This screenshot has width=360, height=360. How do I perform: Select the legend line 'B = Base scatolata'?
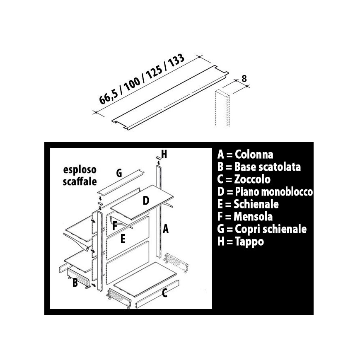click(259, 167)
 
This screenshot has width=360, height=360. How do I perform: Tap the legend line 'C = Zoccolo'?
click(244, 179)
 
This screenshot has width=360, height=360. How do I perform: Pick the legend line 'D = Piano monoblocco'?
click(265, 192)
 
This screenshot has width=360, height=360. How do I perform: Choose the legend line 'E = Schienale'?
click(248, 204)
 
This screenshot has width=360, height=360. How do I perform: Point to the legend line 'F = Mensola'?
click(245, 217)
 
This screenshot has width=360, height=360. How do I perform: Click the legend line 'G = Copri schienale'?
click(262, 229)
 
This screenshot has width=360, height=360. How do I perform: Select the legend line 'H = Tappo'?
click(241, 242)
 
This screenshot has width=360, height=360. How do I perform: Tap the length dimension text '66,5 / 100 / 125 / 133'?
click(142, 79)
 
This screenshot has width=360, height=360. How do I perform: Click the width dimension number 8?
click(244, 79)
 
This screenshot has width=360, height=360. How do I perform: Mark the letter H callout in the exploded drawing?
click(164, 154)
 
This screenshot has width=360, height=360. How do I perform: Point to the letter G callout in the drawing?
click(119, 173)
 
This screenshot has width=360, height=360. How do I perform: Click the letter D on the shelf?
click(146, 201)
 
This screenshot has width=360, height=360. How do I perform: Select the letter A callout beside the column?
click(166, 229)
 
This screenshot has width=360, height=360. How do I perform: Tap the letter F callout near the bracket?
click(115, 226)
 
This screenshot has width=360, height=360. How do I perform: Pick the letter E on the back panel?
click(123, 239)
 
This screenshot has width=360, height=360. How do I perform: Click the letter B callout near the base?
click(75, 283)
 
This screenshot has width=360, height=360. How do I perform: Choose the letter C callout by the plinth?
click(164, 293)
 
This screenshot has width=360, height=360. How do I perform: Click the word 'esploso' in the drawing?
click(80, 170)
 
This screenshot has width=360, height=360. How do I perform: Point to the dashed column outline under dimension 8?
click(222, 108)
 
